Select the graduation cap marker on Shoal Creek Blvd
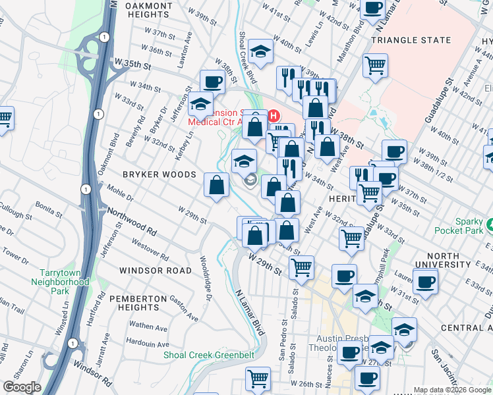tap(261, 52)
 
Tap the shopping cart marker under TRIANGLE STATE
tap(375, 65)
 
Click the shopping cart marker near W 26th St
tap(258, 378)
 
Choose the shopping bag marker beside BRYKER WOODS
tap(216, 185)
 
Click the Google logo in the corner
tap(22, 387)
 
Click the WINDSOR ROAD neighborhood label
tap(156, 271)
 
